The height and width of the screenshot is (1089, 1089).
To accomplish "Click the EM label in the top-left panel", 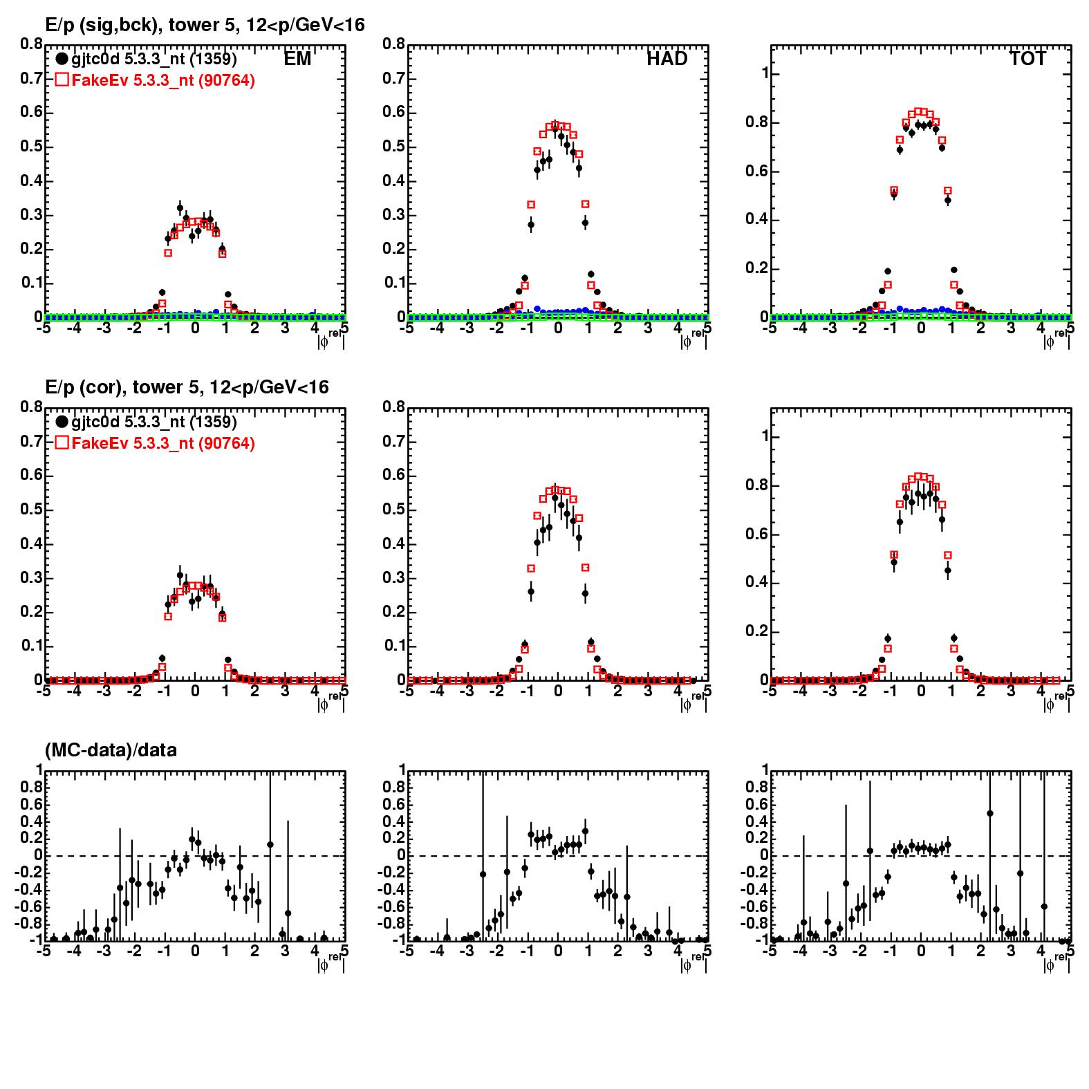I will (297, 59).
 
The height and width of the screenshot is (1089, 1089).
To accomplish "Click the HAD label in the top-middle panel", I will (667, 59).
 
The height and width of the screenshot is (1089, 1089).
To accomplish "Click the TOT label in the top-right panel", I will (1027, 59).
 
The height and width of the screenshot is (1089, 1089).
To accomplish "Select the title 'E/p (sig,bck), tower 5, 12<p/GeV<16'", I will (205, 25).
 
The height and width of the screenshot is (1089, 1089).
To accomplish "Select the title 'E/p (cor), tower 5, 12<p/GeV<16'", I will (187, 387).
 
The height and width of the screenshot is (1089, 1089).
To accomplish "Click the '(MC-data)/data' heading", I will (111, 750).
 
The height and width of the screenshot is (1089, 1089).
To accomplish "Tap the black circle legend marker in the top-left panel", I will (62, 59).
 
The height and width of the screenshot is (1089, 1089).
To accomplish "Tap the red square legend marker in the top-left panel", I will (62, 80).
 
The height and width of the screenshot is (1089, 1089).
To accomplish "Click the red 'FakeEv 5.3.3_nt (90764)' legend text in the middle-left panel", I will (163, 443).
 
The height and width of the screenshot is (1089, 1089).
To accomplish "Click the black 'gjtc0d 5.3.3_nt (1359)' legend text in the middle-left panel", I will (154, 422).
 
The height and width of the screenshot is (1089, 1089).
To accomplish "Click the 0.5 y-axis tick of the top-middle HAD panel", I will (395, 147).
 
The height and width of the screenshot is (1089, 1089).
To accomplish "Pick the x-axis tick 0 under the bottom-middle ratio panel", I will (558, 951).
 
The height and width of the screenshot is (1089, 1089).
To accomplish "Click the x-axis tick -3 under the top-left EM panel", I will (103, 328).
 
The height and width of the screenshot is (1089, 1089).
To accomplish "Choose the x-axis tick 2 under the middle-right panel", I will (980, 690).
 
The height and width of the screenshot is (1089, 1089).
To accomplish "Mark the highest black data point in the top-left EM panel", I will (180, 208).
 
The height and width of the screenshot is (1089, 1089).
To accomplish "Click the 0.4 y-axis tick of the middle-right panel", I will (755, 582).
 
